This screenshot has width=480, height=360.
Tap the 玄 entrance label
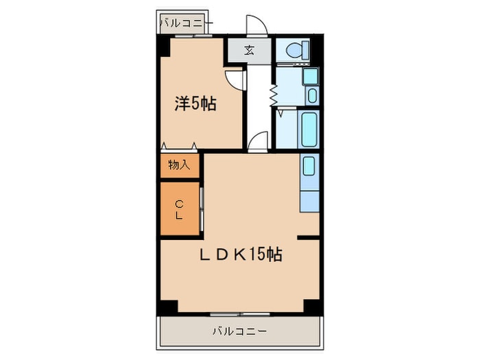[x=250, y=50]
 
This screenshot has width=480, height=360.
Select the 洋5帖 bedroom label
[x=195, y=104]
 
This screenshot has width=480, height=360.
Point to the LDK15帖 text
[x=241, y=254]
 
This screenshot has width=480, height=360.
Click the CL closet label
[x=179, y=210]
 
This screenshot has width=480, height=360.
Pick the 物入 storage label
[x=179, y=165]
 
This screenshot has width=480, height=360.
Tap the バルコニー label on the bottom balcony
[x=239, y=331]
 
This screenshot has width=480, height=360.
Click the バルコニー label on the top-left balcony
[x=184, y=23]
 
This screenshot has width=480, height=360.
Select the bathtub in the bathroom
[x=309, y=129]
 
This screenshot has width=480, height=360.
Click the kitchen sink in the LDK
[x=309, y=167]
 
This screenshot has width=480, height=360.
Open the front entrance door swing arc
[x=255, y=24]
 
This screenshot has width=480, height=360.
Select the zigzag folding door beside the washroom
[x=272, y=94]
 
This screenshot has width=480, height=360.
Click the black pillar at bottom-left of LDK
[x=167, y=307]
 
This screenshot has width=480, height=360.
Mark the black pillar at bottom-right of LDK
[x=313, y=307]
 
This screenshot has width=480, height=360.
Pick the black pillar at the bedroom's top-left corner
[x=164, y=47]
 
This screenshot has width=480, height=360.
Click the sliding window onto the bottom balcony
[x=239, y=314]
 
